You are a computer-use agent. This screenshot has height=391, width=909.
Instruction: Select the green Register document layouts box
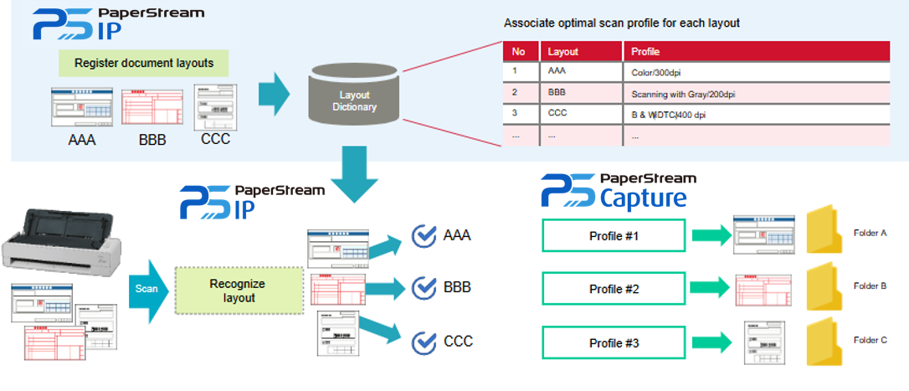(x=144, y=63)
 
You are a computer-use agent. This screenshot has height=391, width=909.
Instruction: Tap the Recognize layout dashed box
(x=239, y=291)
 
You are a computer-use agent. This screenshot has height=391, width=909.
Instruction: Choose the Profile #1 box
(x=614, y=235)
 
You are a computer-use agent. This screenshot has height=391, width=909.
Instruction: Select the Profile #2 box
(x=614, y=289)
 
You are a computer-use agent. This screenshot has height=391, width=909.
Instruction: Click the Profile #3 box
(x=614, y=343)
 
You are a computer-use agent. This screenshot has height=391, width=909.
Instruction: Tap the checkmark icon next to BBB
(x=425, y=288)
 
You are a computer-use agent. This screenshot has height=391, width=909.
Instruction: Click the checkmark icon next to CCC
(x=425, y=342)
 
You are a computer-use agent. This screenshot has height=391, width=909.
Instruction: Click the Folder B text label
(x=870, y=286)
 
